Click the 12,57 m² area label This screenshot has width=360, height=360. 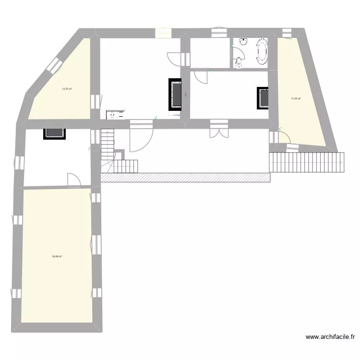pos(67,89)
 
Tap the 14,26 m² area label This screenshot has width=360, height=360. pos(296,99)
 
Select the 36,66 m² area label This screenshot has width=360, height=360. pos(57,257)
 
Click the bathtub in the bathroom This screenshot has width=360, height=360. pos(262,51)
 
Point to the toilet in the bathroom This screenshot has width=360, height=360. pos(238,61)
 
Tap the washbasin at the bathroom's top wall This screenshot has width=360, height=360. pos(243,42)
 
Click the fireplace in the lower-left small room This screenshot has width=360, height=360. pos(54,133)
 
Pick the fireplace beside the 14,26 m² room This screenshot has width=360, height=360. pos(263,99)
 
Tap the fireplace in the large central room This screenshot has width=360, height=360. pos(175,95)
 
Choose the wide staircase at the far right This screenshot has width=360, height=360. pos(307,162)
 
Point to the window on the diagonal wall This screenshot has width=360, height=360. pos(54,66)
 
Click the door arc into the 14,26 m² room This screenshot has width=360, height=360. pos(283,137)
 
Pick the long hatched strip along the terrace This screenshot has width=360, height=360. pos(186,178)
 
